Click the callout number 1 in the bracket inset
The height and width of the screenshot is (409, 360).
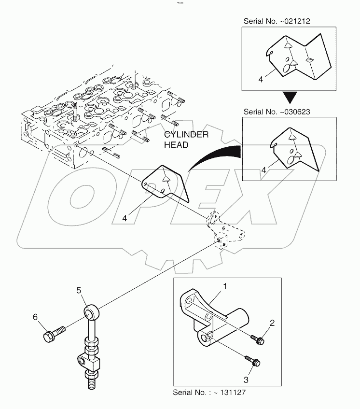point(224,286)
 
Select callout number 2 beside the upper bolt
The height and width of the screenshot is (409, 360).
point(272,323)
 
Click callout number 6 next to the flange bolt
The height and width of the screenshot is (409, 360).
point(35,316)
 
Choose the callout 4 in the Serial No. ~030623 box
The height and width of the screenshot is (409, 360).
point(263,170)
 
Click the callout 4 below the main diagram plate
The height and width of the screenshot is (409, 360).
point(125,218)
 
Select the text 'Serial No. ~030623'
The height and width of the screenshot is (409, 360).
point(277,111)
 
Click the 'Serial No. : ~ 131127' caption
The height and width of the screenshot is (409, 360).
point(209,392)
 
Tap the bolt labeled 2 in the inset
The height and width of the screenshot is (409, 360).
point(257,340)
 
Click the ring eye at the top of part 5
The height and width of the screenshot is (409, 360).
point(93,312)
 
